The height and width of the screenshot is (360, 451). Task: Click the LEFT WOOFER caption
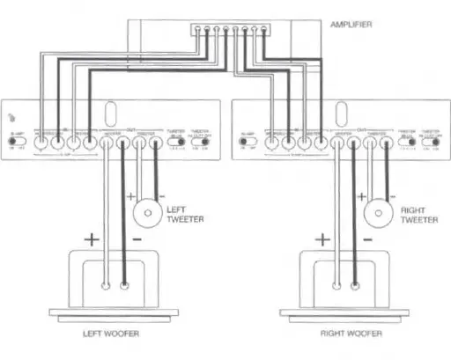[x=111, y=334]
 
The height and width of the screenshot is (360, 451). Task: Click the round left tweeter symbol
[x=146, y=212]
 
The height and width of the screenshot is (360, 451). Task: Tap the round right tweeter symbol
[x=379, y=212]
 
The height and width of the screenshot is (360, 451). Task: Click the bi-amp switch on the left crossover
[x=17, y=140]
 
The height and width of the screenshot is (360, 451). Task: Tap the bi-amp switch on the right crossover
[x=248, y=140]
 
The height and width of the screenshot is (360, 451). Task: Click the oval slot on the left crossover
[x=108, y=115]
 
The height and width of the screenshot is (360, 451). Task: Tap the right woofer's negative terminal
[x=355, y=285]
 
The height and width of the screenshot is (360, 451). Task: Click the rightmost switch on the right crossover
[x=431, y=140]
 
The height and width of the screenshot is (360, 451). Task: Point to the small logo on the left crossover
[x=11, y=117]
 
